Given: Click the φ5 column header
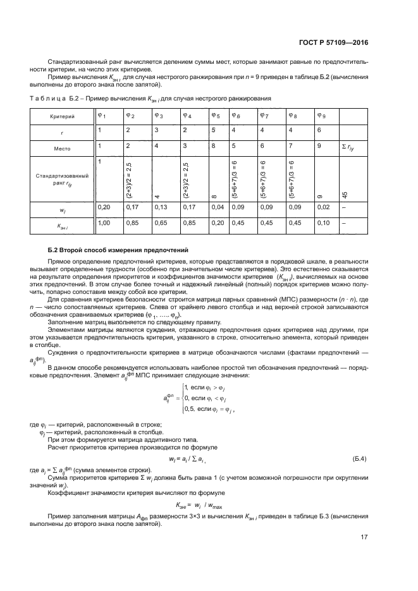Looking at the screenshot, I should (x=215, y=116).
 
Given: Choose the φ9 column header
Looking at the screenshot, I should (x=321, y=116).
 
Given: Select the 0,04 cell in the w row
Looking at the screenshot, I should (x=216, y=207).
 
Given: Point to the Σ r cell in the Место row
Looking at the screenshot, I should (x=349, y=147).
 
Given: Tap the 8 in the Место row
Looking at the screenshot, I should (x=212, y=146).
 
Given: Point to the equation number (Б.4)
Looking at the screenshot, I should (x=359, y=458).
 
